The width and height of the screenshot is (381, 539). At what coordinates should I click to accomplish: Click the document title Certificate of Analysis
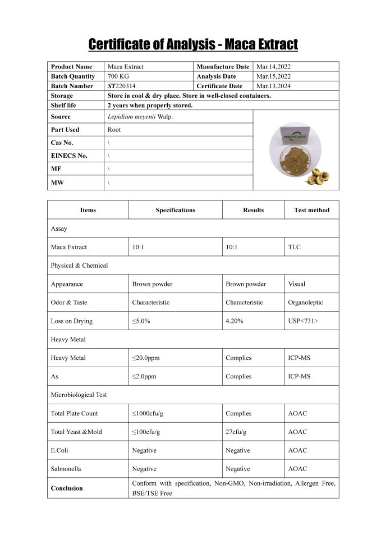(x=193, y=44)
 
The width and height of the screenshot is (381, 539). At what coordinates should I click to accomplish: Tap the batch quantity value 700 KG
(x=118, y=76)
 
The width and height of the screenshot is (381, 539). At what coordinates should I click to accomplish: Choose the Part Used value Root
(x=114, y=130)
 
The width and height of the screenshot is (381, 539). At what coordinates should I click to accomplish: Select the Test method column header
(x=311, y=210)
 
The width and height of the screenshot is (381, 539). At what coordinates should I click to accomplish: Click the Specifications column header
(x=175, y=210)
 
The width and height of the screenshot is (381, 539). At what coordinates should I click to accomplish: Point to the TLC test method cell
(x=294, y=247)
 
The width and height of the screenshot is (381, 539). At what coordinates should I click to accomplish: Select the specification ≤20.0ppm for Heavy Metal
(x=148, y=358)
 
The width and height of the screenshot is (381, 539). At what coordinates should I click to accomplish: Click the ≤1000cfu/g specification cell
(x=148, y=413)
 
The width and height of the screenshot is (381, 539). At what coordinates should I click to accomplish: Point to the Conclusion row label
(x=67, y=488)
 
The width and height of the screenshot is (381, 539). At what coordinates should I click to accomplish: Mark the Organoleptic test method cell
(x=305, y=302)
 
